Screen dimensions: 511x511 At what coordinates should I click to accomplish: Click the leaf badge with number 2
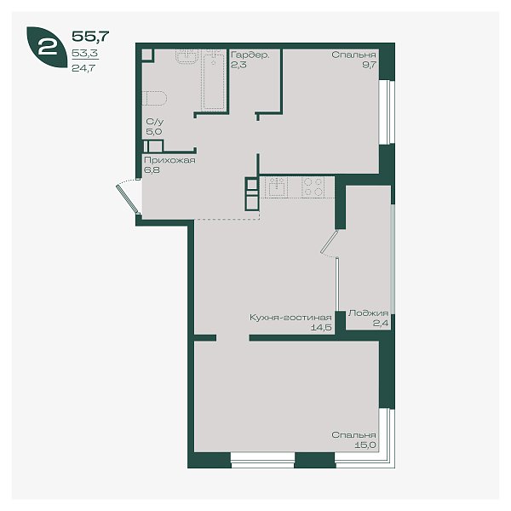(47, 47)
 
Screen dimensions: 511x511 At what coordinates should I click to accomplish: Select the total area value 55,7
(90, 36)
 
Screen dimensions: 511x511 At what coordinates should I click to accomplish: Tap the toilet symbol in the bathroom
(154, 98)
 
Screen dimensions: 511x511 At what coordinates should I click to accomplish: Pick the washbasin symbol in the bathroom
(187, 55)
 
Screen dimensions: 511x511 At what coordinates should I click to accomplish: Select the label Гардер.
(250, 55)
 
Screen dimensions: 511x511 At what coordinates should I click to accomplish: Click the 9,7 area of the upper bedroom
(370, 65)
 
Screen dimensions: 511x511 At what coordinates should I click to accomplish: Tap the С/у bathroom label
(155, 122)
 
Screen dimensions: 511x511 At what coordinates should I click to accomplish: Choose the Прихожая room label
(169, 160)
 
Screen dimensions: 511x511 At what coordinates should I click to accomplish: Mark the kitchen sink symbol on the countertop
(276, 187)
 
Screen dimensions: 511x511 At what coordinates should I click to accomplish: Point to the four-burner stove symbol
(313, 187)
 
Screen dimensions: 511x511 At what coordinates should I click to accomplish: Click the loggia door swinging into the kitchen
(329, 242)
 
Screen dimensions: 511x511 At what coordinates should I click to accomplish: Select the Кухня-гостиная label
(290, 318)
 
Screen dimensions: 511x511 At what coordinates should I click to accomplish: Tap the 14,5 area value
(321, 328)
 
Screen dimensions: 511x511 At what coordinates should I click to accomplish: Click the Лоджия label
(368, 313)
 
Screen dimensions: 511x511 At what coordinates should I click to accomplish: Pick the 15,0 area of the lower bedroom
(365, 445)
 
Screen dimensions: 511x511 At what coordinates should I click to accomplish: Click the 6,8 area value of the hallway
(152, 169)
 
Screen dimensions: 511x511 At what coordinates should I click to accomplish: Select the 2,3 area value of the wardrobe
(238, 65)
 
